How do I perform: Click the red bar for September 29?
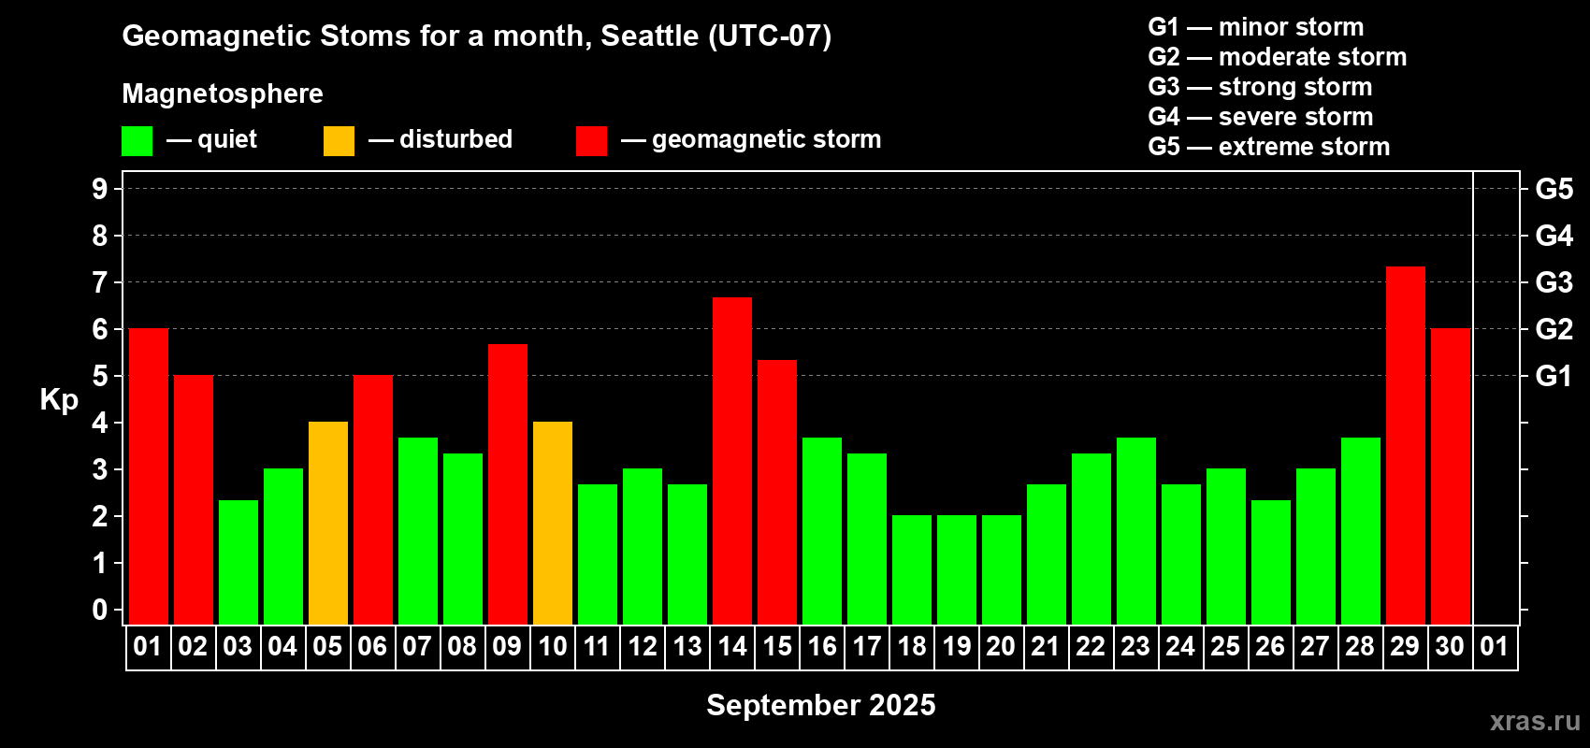[x=1406, y=445]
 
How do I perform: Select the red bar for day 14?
[x=732, y=461]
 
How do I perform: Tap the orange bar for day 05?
[x=328, y=523]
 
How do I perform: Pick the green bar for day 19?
[x=957, y=569]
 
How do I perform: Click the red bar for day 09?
[x=508, y=484]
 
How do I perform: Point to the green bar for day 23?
[x=1136, y=531]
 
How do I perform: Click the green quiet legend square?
[x=137, y=140]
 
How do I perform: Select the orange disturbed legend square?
[x=339, y=140]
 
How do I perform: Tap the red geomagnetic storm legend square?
[x=591, y=140]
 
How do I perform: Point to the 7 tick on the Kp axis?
[x=100, y=282]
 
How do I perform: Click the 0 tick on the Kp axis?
[x=100, y=610]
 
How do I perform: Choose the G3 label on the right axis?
[x=1554, y=282]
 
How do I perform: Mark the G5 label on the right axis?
[x=1554, y=189]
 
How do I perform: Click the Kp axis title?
[x=59, y=399]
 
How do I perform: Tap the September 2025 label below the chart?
[x=820, y=705]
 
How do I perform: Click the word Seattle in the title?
[x=649, y=36]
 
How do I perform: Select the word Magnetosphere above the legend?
[x=223, y=93]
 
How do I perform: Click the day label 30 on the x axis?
[x=1450, y=646]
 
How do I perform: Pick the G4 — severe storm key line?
[x=1261, y=116]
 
